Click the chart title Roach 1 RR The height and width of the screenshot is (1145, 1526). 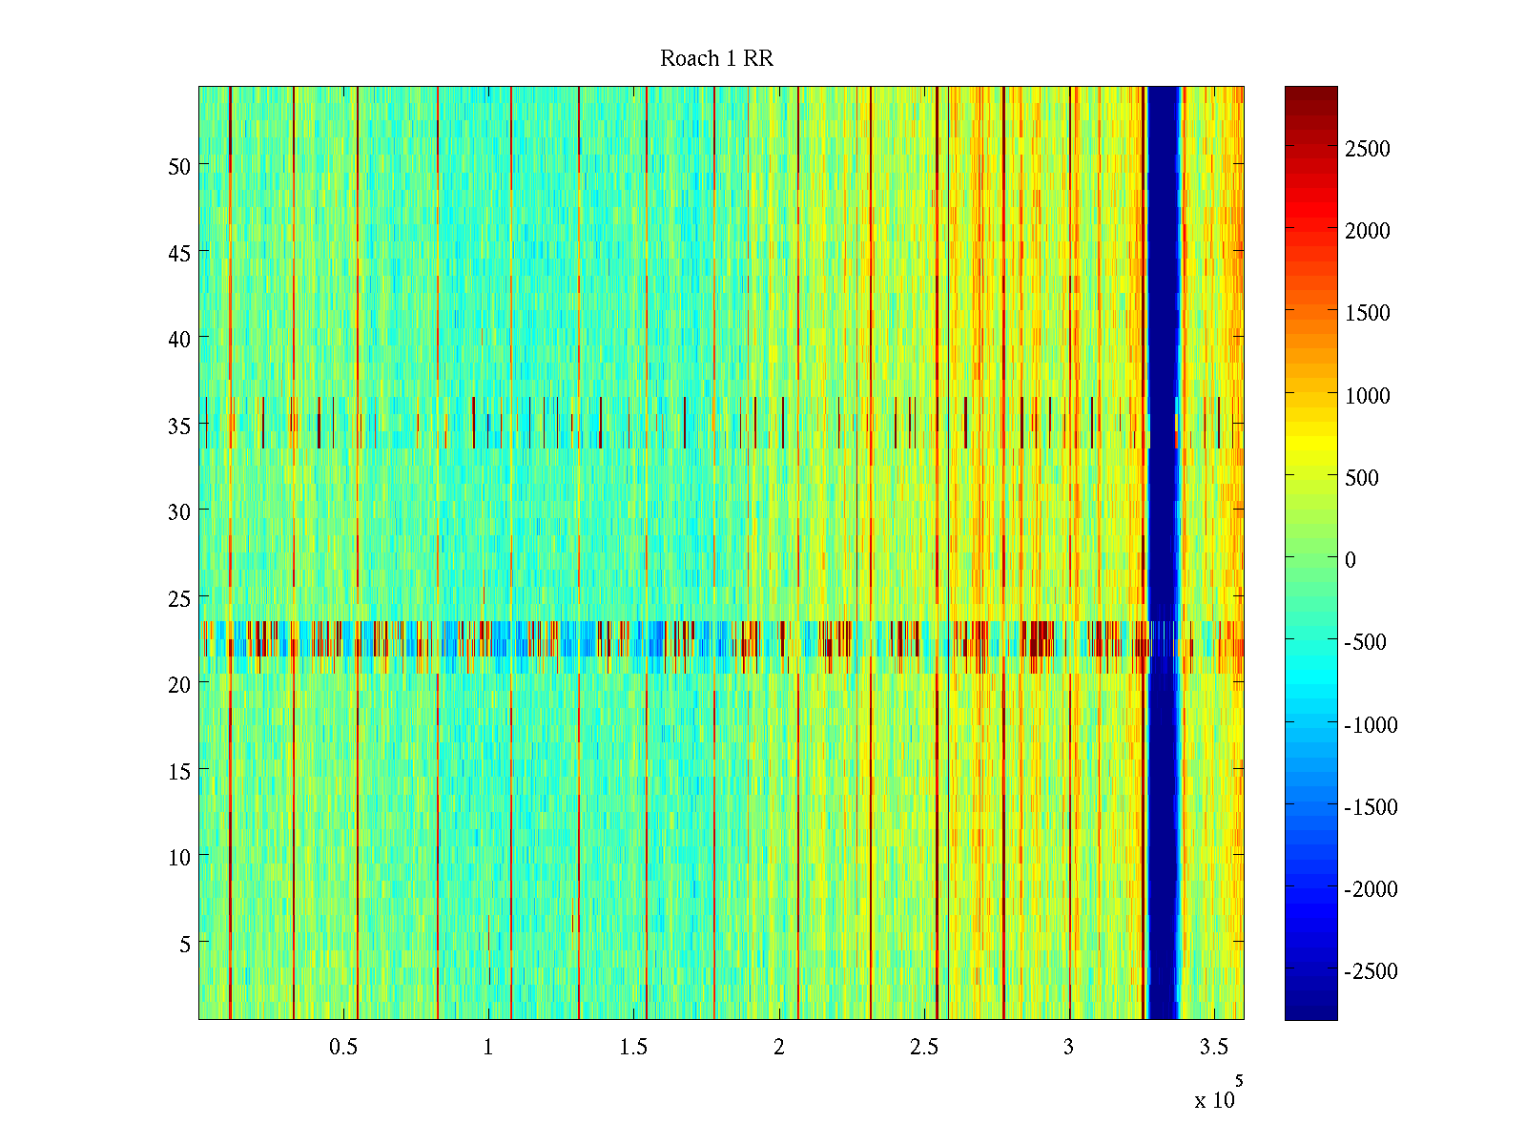pos(716,59)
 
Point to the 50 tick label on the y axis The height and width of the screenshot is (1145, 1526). pos(179,166)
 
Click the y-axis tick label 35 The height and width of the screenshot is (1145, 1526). pos(179,426)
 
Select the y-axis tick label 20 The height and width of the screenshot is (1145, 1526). pos(179,684)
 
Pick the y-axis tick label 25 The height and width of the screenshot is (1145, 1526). pos(179,598)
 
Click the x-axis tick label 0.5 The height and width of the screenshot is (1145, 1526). pos(343,1048)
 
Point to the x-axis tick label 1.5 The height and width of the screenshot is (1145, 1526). pos(633,1048)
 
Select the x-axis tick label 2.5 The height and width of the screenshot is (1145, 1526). pos(923,1048)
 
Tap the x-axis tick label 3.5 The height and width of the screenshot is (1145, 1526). pos(1213,1048)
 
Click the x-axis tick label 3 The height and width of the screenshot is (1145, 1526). pos(1068,1048)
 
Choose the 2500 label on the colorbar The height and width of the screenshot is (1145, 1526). pos(1368,149)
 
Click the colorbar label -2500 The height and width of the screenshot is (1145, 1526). pos(1371,971)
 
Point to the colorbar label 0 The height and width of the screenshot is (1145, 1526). pos(1350,560)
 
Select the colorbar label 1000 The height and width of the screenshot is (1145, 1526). pos(1368,396)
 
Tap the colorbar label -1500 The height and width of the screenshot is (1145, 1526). pos(1371,807)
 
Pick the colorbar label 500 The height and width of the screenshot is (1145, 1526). pos(1362,478)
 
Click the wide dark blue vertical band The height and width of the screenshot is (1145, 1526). pos(1162,553)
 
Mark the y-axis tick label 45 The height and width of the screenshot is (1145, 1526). pos(179,253)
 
